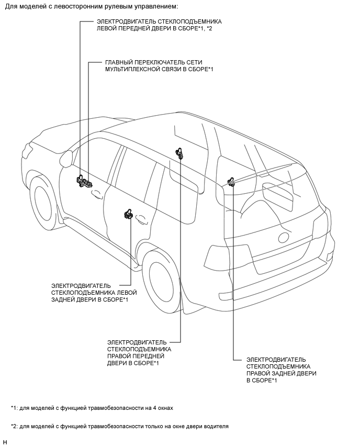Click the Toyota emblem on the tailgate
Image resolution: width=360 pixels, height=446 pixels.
coord(284,238)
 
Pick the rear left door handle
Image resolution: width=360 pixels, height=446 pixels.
coord(142,220)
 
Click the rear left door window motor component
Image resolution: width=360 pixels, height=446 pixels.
coord(128,214)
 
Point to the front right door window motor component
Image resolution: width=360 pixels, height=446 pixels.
coord(180,152)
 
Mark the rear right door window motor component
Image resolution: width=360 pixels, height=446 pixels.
coord(231,182)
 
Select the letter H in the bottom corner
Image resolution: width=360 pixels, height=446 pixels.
coord(5,442)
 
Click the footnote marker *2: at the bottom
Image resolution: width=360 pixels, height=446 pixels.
coord(14,426)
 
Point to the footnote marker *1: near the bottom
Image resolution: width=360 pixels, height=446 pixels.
coord(14,407)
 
